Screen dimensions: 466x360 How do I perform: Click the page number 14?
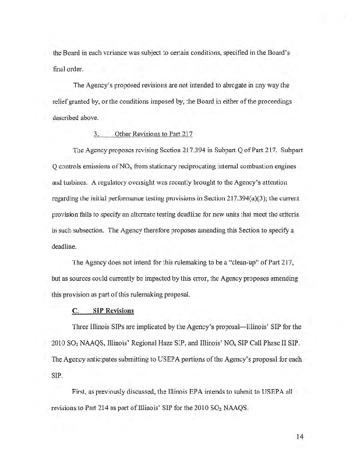click(x=300, y=435)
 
